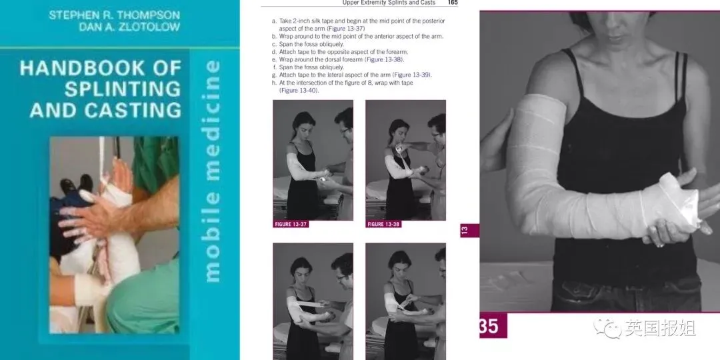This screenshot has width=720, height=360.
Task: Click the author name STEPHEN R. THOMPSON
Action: coord(115,15)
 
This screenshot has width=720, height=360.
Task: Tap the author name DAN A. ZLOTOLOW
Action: coord(129,27)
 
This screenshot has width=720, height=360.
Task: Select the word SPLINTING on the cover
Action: coord(123,89)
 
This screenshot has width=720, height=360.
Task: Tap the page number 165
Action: coord(452,3)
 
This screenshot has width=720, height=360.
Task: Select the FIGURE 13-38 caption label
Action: coord(383,224)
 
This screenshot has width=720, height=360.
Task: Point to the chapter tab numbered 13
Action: coord(465,230)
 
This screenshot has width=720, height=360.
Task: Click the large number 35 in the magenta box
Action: coord(489,326)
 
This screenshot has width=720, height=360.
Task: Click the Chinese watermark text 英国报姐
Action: coord(660,328)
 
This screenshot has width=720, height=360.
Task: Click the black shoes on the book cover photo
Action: coord(76,184)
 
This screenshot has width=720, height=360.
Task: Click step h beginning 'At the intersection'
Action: coord(343,87)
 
